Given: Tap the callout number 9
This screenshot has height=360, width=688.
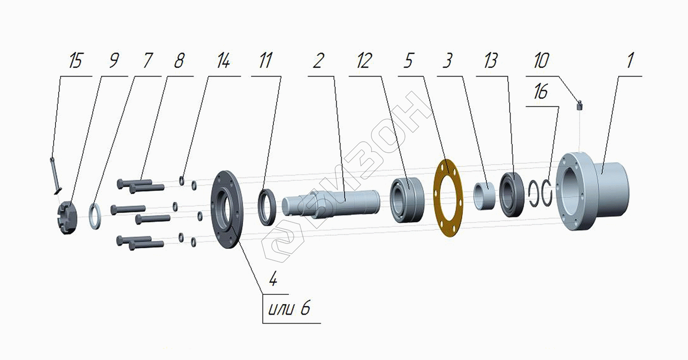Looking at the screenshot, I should point(114,61).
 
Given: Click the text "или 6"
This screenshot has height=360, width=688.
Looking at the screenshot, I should point(289,308).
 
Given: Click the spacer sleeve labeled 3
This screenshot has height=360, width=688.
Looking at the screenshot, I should point(484,196).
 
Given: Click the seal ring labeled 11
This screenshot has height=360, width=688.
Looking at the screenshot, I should point(267,207).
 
